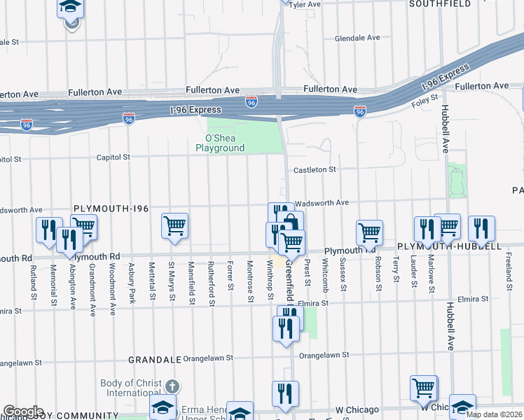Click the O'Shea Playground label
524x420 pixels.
[220, 143]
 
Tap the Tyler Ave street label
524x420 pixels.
[305, 4]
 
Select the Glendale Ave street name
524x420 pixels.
[357, 38]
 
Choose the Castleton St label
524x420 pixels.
[315, 169]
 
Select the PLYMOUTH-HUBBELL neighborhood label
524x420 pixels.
[449, 247]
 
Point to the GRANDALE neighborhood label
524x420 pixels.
[153, 359]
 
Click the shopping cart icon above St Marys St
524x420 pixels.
[174, 226]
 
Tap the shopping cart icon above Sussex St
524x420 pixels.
[369, 232]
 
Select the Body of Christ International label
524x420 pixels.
[131, 388]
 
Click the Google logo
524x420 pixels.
[23, 412]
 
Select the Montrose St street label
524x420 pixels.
[250, 281]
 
